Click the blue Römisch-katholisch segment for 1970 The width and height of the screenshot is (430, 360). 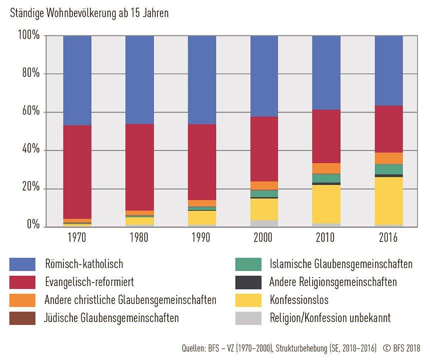coord(77,80)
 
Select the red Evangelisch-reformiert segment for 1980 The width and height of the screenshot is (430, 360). coord(139,167)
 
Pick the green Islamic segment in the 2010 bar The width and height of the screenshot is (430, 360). coord(326,178)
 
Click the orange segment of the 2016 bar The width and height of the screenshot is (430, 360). coord(389,158)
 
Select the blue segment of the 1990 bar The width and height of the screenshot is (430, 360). coord(202,80)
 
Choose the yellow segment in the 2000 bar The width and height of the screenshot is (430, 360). coord(264,209)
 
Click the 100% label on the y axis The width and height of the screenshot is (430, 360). coord(28,35)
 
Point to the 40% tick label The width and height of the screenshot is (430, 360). coord(30,150)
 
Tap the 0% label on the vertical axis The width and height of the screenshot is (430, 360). coord(32,226)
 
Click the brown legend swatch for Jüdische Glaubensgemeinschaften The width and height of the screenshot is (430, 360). coord(22,318)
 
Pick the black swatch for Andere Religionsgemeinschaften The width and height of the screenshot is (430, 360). coord(248,282)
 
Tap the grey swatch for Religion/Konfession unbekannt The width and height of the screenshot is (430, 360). coord(248,318)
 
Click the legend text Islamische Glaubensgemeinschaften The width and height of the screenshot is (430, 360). coord(341,264)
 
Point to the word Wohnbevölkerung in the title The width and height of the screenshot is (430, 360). coord(79,13)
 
